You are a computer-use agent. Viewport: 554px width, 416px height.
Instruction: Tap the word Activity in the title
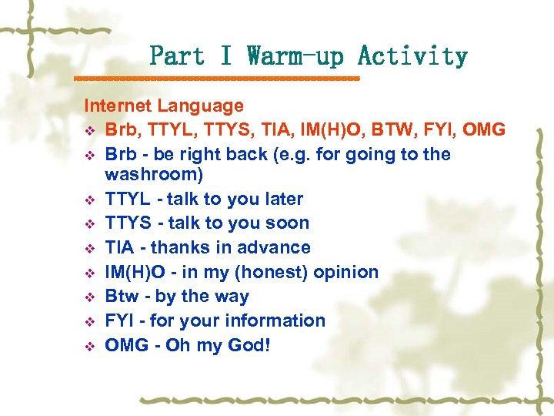point(412,56)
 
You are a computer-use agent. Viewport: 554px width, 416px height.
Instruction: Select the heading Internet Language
point(163,106)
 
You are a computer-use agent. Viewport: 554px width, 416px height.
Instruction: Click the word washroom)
point(154,175)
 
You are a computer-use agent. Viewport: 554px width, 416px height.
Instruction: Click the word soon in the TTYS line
point(288,223)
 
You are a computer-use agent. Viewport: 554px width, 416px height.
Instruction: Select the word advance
point(275,247)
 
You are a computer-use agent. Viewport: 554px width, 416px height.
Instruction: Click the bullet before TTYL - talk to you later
point(91,200)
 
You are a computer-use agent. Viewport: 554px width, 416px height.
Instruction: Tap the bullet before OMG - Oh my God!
point(91,346)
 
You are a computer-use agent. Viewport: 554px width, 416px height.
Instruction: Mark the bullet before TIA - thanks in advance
point(91,248)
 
